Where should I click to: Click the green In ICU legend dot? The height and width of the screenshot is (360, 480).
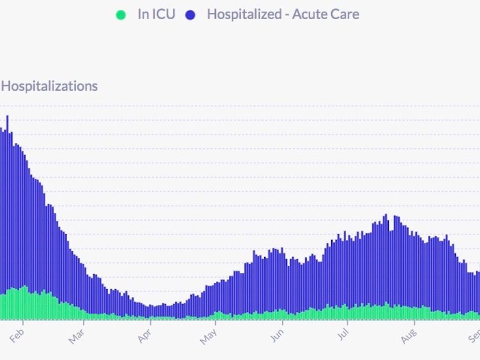[121, 14]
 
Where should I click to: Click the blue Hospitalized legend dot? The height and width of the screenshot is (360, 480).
[190, 14]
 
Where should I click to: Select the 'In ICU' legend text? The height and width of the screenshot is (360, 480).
[156, 14]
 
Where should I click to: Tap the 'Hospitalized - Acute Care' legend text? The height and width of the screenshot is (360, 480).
[283, 14]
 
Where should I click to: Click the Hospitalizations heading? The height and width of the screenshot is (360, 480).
[49, 86]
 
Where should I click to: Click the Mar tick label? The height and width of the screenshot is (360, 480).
[77, 334]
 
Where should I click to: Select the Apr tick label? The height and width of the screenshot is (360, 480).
[145, 334]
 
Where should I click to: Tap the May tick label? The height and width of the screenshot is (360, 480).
[208, 334]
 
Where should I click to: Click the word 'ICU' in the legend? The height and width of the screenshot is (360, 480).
[164, 14]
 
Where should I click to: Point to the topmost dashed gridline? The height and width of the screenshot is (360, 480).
[240, 106]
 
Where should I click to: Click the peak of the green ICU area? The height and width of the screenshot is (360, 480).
[25, 287]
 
